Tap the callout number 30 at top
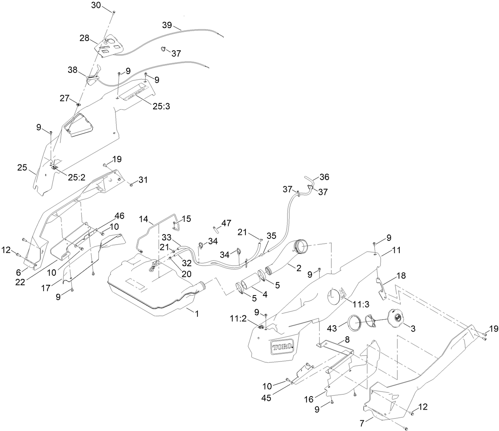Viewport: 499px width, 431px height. click(x=96, y=5)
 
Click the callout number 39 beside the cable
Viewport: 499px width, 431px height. click(x=167, y=25)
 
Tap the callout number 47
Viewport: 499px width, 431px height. click(x=226, y=223)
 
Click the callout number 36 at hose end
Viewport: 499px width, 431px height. click(x=324, y=177)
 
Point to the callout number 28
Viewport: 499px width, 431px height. click(x=84, y=38)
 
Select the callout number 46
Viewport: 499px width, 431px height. click(x=119, y=216)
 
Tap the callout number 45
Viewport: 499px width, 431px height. click(x=266, y=398)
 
